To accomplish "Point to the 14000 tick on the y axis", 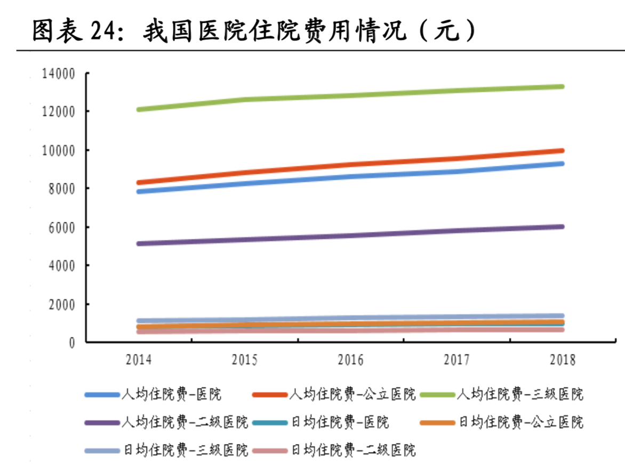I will (58, 73).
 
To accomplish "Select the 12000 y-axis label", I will (58, 111).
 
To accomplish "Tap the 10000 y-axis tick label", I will (58, 150).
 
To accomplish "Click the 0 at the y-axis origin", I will (72, 342).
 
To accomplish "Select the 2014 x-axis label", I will (139, 360).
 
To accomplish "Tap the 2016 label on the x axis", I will (350, 360).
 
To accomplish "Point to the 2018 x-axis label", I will (562, 360).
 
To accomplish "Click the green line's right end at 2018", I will (562, 86).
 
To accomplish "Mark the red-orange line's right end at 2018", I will (562, 151).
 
